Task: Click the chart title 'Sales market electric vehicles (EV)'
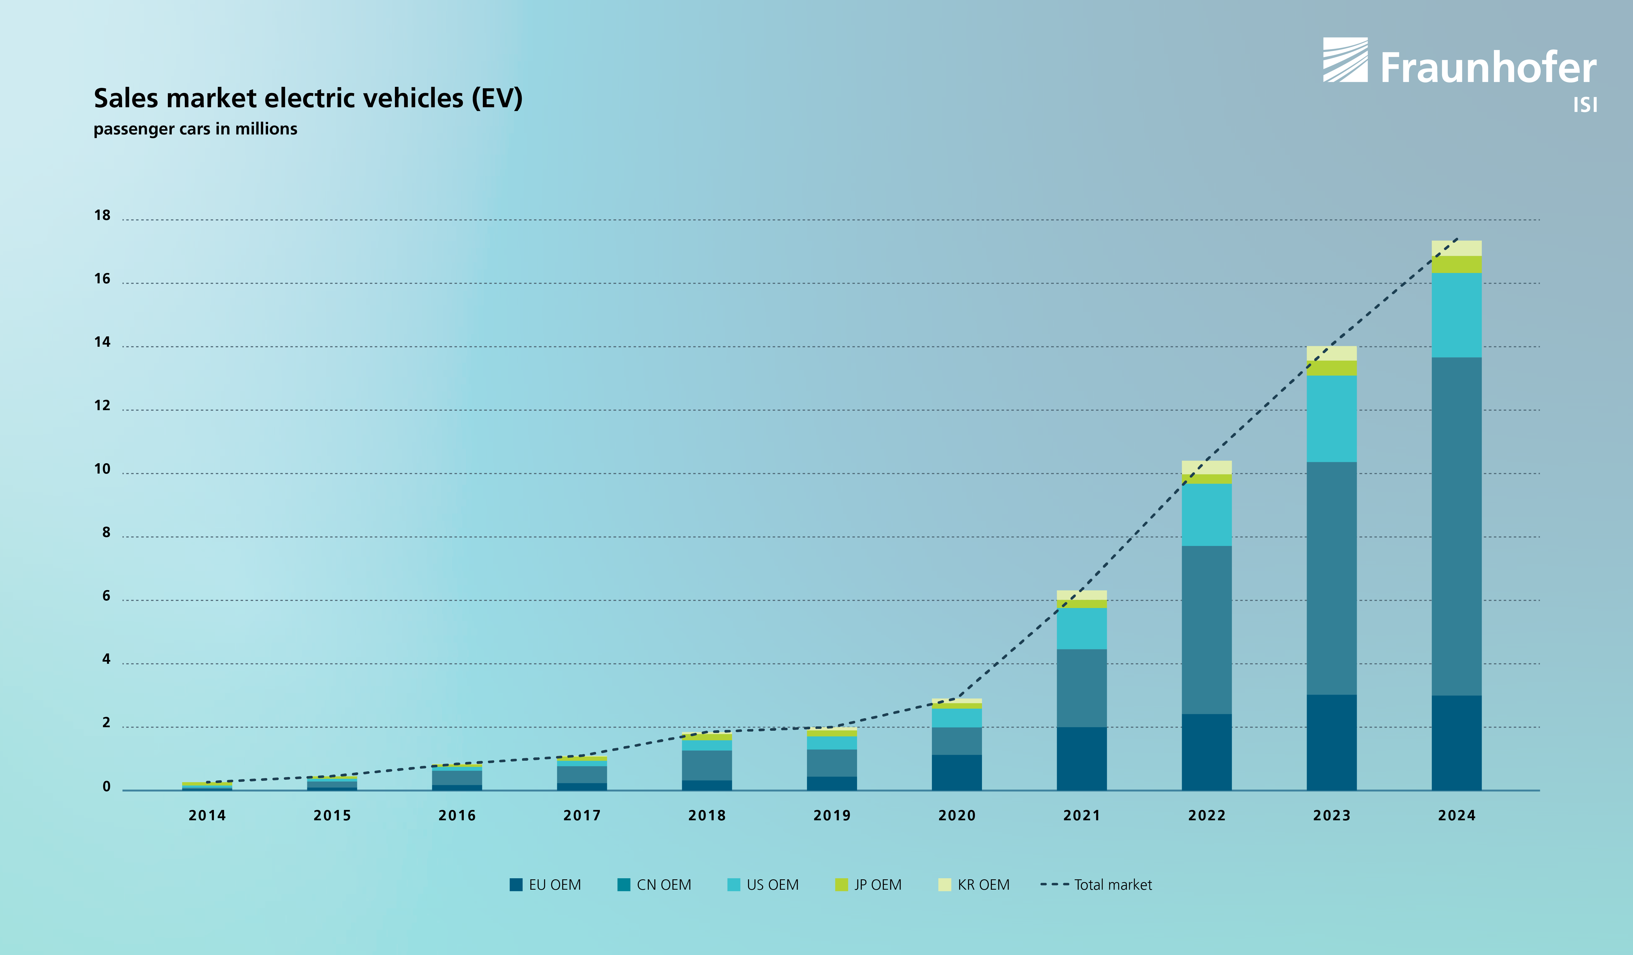[x=308, y=99]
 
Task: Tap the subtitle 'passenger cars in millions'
[x=195, y=129]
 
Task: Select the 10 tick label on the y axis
[x=102, y=469]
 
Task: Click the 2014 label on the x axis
[x=207, y=816]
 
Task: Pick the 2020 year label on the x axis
[x=956, y=816]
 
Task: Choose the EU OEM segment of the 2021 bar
[x=1082, y=759]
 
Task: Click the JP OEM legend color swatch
[x=841, y=885]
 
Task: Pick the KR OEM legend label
[x=983, y=885]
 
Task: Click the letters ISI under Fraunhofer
[x=1585, y=105]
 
